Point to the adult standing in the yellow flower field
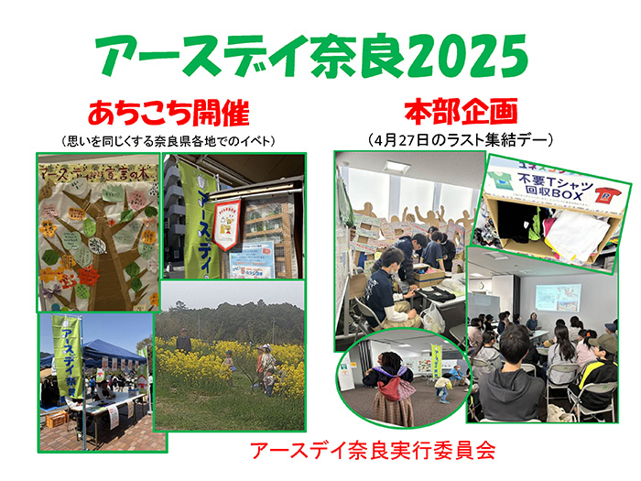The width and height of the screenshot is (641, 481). (183, 341)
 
